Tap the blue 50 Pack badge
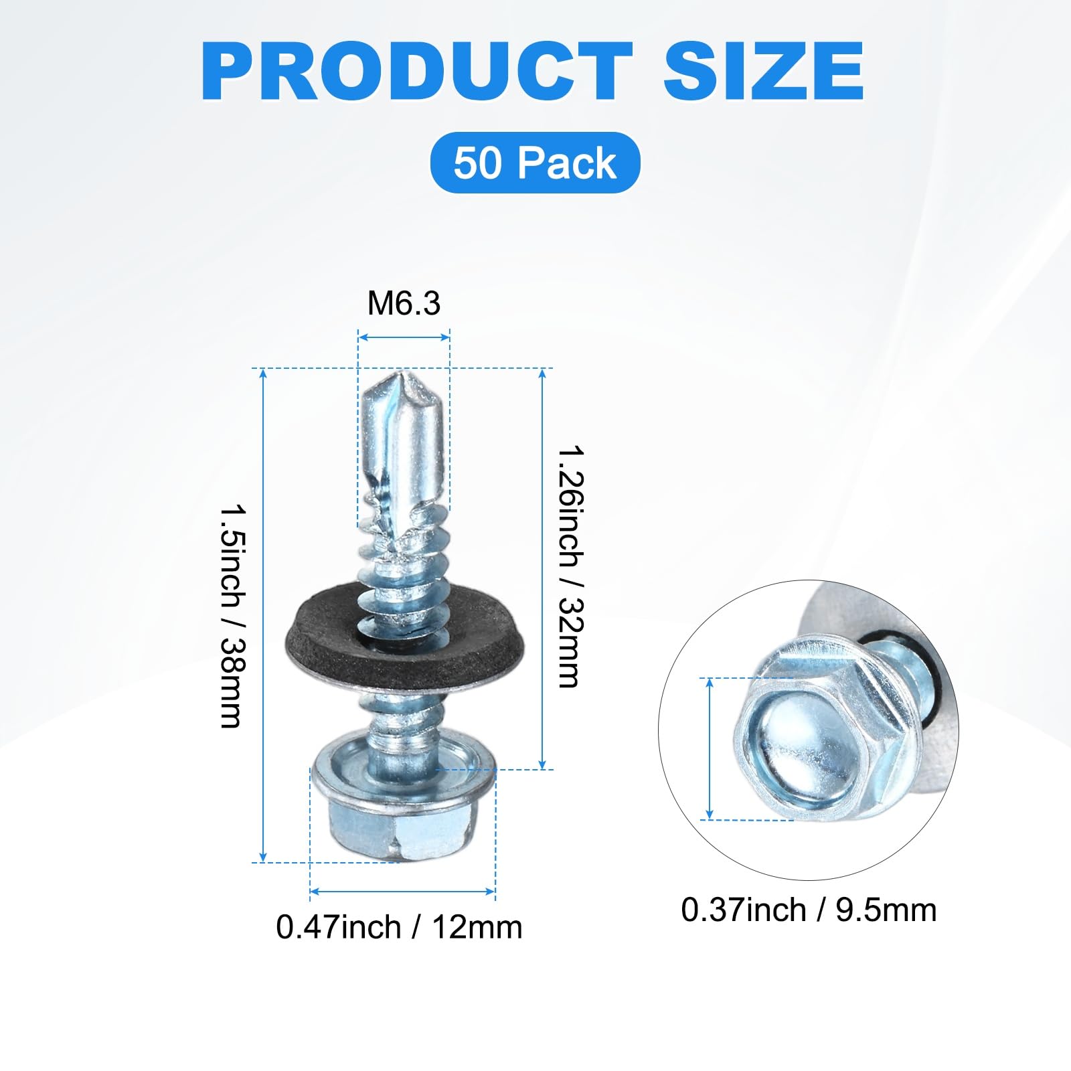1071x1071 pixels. click(x=535, y=163)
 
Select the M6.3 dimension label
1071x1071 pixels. click(x=404, y=303)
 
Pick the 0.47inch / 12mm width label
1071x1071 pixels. click(x=399, y=927)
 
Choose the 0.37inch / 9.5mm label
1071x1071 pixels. click(x=809, y=910)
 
